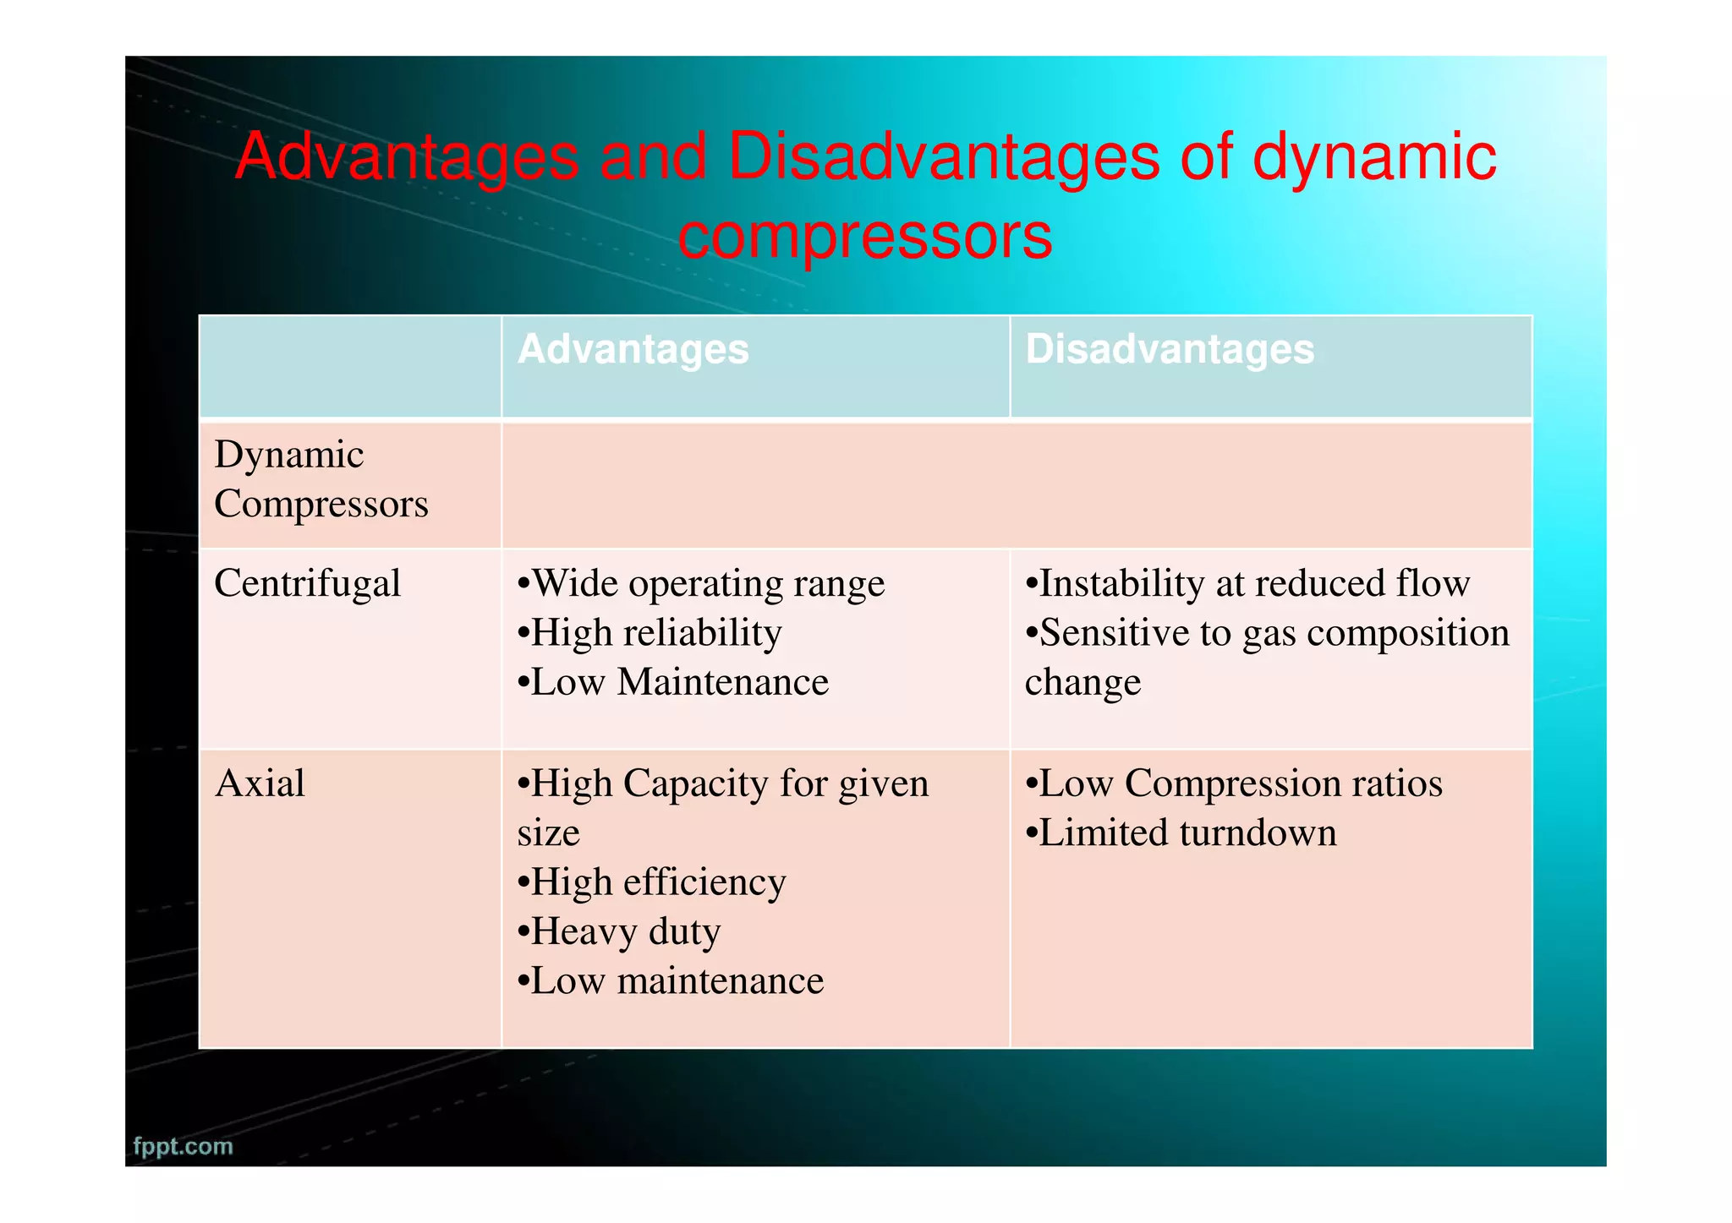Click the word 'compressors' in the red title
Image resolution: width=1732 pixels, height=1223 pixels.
pyautogui.click(x=864, y=236)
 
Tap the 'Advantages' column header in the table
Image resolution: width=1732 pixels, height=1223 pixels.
pyautogui.click(x=633, y=349)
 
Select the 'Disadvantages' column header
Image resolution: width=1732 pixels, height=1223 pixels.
pyautogui.click(x=1170, y=349)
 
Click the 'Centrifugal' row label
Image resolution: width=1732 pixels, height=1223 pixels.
pyautogui.click(x=307, y=583)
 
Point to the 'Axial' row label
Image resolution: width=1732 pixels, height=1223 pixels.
pyautogui.click(x=260, y=783)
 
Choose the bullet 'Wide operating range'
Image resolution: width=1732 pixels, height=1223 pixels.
pyautogui.click(x=701, y=583)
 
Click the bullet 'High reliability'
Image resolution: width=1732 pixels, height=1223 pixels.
pyautogui.click(x=649, y=632)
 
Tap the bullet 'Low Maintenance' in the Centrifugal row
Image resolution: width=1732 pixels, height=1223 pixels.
pyautogui.click(x=673, y=682)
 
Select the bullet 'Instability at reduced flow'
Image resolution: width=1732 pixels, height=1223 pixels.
pyautogui.click(x=1247, y=583)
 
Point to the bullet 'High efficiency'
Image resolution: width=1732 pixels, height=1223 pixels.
pyautogui.click(x=652, y=882)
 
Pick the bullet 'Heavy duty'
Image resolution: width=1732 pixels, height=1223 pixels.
pyautogui.click(x=619, y=931)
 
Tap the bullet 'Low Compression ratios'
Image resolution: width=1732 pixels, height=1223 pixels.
pyautogui.click(x=1234, y=783)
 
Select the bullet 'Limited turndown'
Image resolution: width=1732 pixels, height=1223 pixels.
pyautogui.click(x=1181, y=833)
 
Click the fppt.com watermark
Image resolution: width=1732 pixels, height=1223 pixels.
pyautogui.click(x=183, y=1146)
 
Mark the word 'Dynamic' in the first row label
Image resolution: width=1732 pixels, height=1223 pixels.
pyautogui.click(x=288, y=455)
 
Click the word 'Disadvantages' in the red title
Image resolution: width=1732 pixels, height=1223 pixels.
pyautogui.click(x=943, y=157)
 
